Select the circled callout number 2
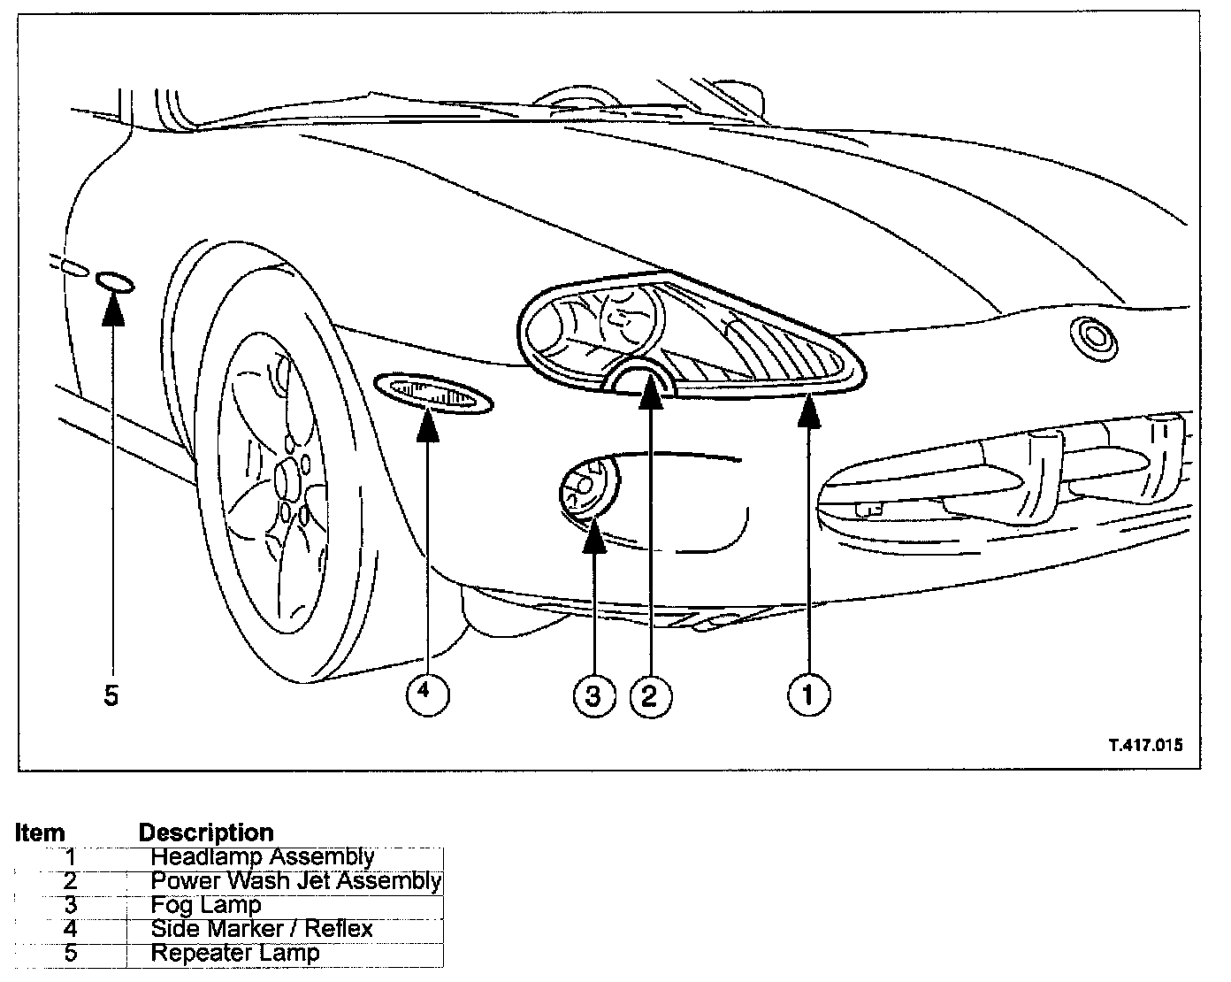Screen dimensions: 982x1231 pos(650,695)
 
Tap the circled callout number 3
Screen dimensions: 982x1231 pos(593,695)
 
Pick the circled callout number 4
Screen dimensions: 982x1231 pos(427,693)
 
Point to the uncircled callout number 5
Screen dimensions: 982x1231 pos(111,695)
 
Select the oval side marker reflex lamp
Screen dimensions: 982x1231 pos(433,393)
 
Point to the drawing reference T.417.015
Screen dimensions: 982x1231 pos(1145,744)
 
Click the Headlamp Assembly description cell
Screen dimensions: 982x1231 pos(263,856)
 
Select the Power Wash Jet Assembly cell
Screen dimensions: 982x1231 pos(295,880)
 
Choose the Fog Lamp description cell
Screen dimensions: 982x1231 pos(206,905)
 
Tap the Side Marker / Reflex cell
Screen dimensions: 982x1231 pos(262,929)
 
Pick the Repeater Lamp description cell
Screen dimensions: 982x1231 pos(235,953)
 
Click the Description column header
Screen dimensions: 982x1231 pos(206,832)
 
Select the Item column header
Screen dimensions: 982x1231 pos(40,832)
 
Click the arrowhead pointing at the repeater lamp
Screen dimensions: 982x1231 pos(113,310)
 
